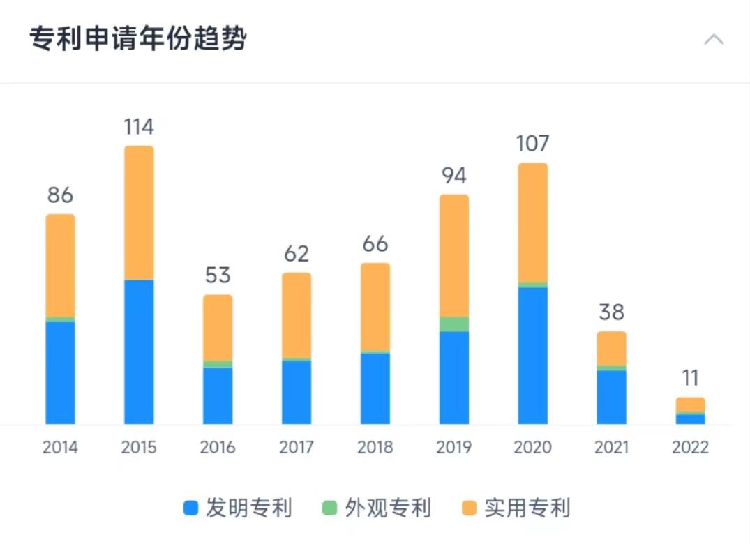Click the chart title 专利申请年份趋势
[138, 39]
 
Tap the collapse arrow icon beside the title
[714, 39]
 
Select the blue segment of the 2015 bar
[139, 352]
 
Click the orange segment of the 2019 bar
[454, 255]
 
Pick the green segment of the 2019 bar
[454, 324]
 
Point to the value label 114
[139, 127]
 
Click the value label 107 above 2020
[533, 144]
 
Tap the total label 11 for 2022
[690, 378]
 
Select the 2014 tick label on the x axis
[60, 447]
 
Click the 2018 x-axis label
[375, 447]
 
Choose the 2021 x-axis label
[612, 447]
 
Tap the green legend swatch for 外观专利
[330, 508]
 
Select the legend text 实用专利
[527, 508]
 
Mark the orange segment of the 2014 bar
[60, 265]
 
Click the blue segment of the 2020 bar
[533, 355]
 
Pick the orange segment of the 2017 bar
[297, 315]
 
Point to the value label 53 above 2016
[218, 275]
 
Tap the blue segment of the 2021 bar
[612, 397]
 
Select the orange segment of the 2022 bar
[690, 405]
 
